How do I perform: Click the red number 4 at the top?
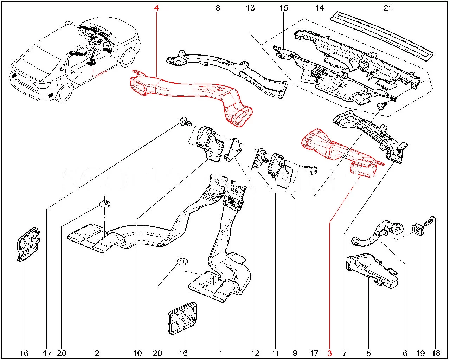tap(156, 7)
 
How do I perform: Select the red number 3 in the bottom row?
tap(329, 353)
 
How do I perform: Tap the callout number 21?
tap(388, 7)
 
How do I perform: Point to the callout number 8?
tap(218, 7)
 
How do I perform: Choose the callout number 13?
tap(250, 7)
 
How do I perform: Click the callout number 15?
tap(284, 7)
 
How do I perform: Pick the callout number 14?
tap(320, 7)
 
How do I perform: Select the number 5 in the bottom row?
tap(369, 353)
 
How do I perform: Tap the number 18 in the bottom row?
tap(436, 353)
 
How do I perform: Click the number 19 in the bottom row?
tap(420, 353)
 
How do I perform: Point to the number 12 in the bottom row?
tap(255, 353)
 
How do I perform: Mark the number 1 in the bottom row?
tap(220, 353)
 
